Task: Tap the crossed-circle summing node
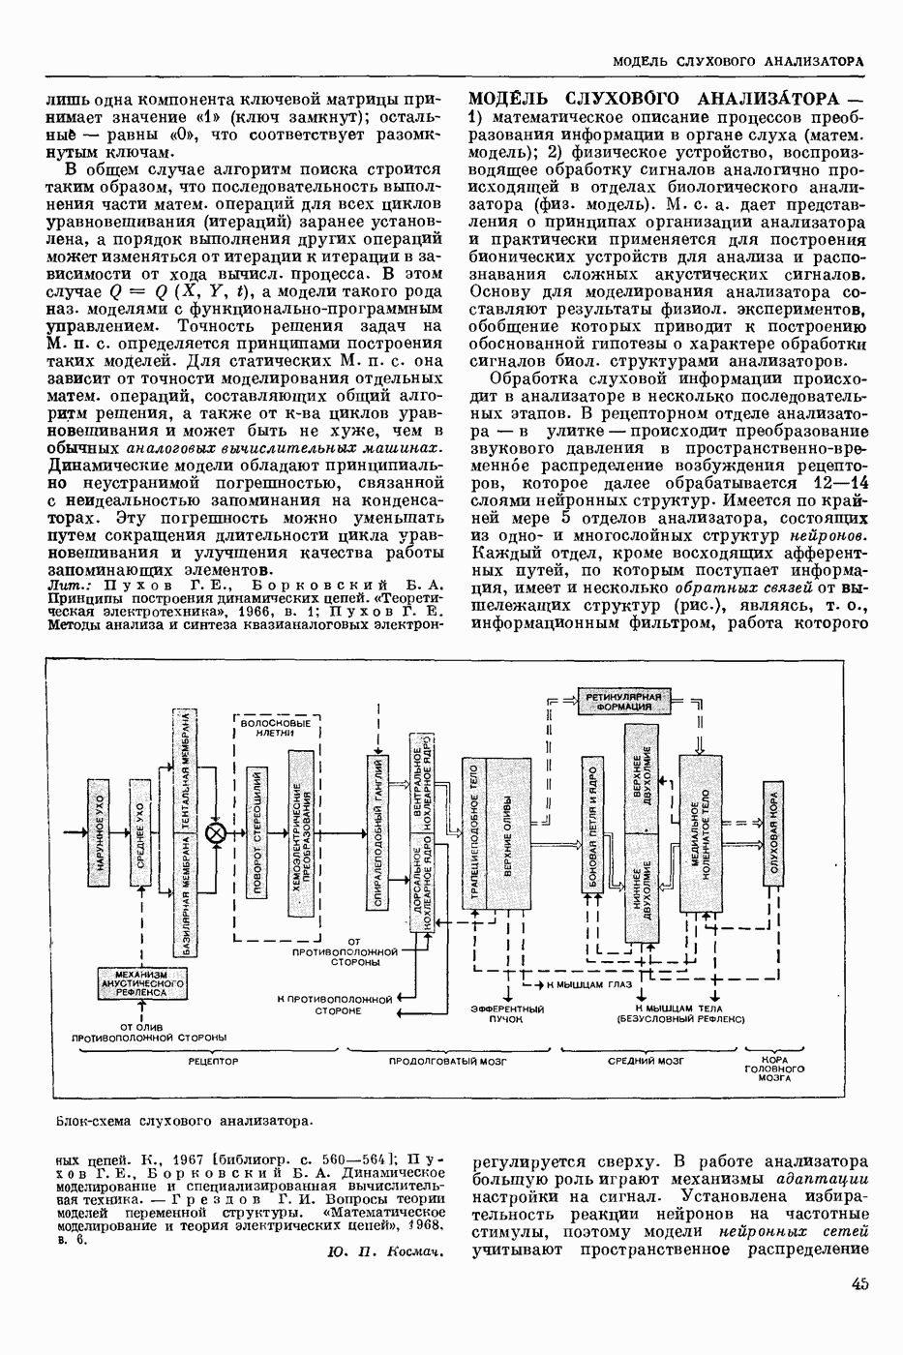click(218, 833)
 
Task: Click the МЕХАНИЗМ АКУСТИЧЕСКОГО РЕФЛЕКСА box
click(141, 982)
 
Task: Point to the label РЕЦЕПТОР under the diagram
click(215, 1062)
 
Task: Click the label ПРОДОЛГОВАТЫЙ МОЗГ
click(449, 1062)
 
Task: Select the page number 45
click(861, 1284)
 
